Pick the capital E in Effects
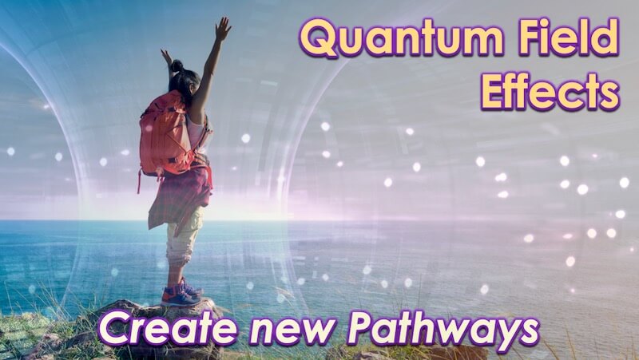coord(494,93)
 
